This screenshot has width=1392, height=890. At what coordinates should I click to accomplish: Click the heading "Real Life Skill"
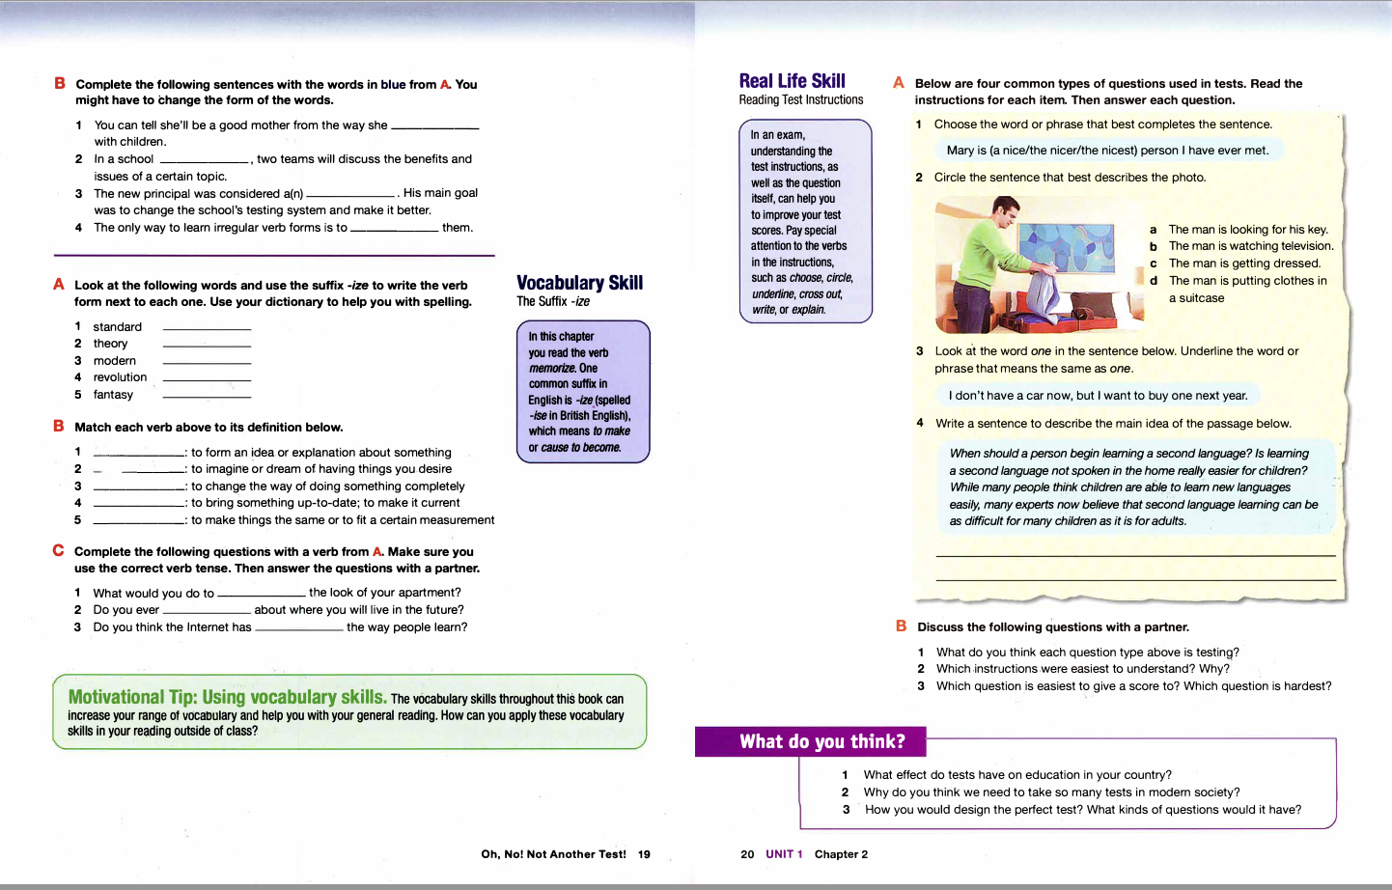792,81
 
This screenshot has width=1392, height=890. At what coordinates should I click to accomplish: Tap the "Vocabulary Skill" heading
579,283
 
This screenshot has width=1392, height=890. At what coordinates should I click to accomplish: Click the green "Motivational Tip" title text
227,697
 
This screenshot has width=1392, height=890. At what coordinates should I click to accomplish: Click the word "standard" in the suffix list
117,327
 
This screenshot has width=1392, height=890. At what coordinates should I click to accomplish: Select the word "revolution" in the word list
120,377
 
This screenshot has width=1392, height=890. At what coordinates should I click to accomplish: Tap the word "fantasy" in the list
113,395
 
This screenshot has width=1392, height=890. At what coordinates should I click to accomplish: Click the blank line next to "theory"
207,345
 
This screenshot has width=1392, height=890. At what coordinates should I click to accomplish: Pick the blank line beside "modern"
207,362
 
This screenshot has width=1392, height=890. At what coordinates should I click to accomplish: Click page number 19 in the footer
644,854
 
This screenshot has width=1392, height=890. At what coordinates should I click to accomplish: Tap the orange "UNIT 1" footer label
784,854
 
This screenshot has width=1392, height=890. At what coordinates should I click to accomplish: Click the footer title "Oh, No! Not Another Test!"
553,854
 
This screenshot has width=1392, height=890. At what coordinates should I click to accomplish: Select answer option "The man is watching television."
1250,246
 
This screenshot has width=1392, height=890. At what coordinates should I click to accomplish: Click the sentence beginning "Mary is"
1107,151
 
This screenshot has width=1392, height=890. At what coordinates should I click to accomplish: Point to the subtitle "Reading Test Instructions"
801,100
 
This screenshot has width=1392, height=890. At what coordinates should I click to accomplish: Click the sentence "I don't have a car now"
1098,396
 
